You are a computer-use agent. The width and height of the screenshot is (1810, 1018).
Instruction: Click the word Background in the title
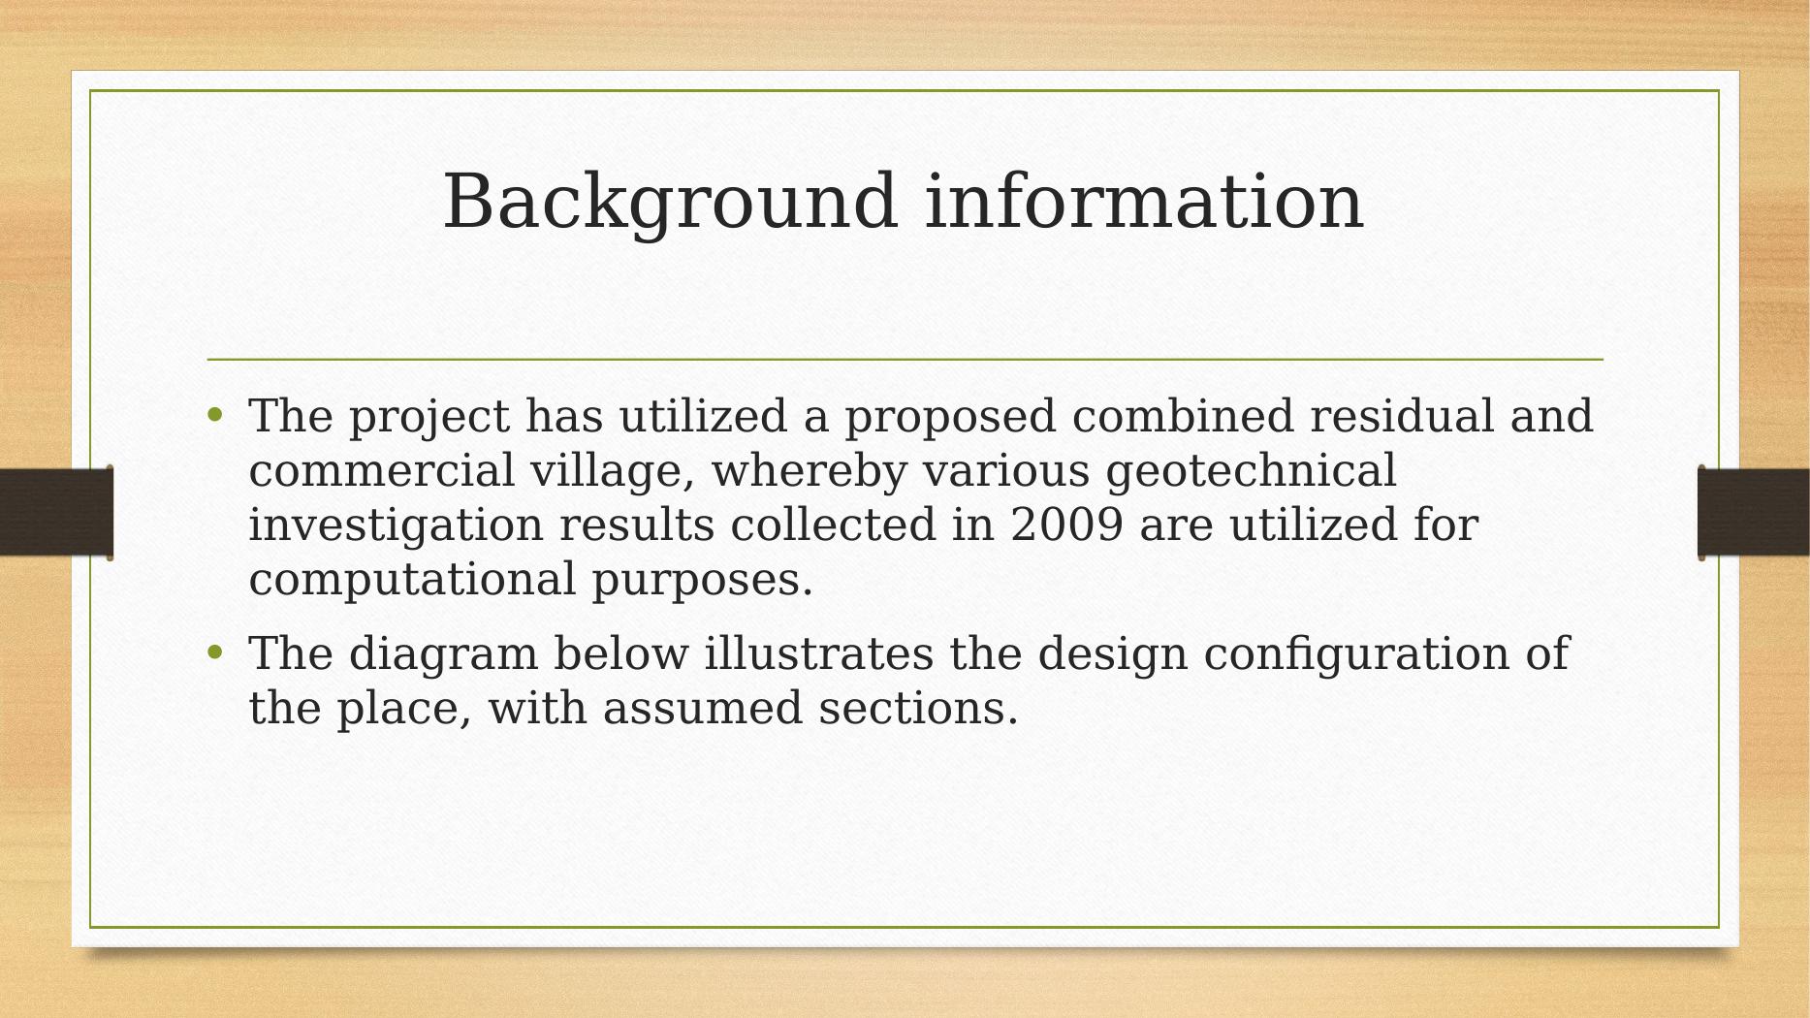[669, 204]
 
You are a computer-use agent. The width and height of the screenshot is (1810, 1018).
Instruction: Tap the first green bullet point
[215, 416]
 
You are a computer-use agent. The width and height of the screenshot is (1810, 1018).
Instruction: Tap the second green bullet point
[215, 652]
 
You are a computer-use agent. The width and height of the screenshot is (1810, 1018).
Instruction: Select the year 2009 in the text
[1066, 525]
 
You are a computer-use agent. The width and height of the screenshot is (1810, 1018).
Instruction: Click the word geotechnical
[1251, 472]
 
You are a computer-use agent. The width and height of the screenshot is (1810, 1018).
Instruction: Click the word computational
[412, 581]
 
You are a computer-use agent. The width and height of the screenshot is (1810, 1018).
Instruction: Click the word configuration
[1356, 654]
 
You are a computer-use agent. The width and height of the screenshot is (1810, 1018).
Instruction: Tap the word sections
[918, 708]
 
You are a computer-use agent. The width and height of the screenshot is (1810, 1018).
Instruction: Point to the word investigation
[396, 526]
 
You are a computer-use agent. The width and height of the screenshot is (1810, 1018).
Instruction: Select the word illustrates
[818, 652]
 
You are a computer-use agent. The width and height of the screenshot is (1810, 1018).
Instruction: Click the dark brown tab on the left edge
[56, 512]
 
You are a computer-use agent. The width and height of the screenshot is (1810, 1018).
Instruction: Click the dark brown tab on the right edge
[1754, 512]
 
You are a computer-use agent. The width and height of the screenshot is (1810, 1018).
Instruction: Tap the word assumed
[702, 708]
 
